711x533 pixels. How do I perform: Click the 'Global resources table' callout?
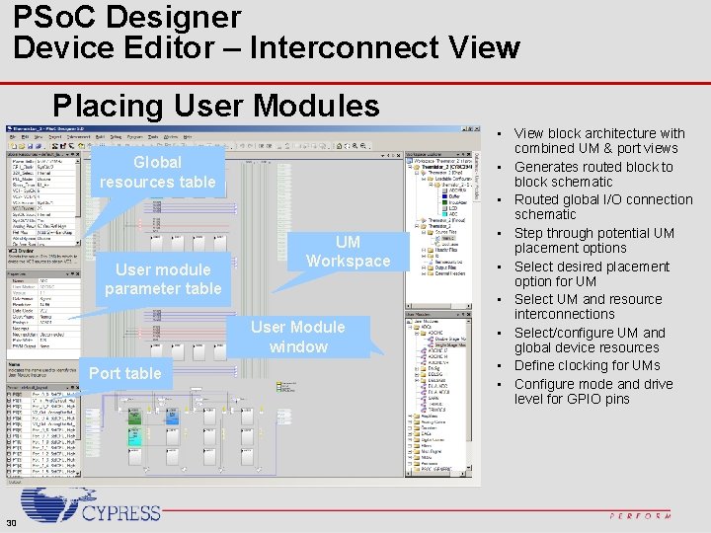point(157,172)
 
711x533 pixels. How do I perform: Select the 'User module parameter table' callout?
point(163,278)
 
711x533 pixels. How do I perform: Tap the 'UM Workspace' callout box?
point(348,251)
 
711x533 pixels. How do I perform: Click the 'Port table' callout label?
point(124,373)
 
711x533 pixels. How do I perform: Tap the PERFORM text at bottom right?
point(640,515)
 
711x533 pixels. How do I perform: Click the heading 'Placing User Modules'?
point(216,105)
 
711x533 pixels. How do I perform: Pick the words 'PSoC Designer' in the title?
point(126,17)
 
